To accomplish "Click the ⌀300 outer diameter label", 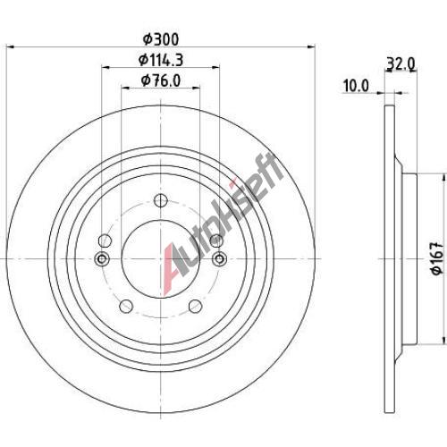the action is point(161,39).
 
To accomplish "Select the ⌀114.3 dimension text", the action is point(161,60).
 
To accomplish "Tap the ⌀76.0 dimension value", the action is point(161,80).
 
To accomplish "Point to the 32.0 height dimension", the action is point(401,63).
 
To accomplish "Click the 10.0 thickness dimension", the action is point(356,86).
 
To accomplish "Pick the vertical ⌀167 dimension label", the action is point(437,258).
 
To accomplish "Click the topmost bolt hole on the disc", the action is point(161,200).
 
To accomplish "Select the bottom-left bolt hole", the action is point(126,306).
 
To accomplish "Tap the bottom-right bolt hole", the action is point(196,306).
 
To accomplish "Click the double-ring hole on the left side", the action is point(102,258).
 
